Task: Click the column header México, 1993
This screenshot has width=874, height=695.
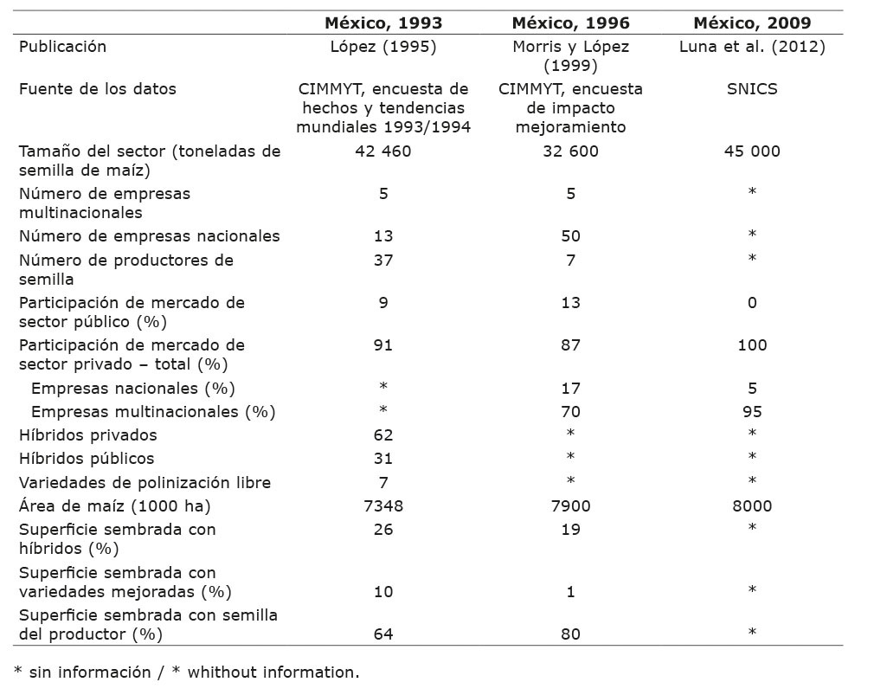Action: click(383, 23)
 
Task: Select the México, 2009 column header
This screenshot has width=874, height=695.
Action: click(752, 23)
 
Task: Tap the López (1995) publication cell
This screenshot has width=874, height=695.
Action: click(383, 47)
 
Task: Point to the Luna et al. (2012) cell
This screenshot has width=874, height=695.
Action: click(752, 47)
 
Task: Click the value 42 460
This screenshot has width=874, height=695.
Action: click(383, 151)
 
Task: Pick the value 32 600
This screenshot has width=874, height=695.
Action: click(570, 151)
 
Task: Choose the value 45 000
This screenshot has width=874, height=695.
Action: click(752, 151)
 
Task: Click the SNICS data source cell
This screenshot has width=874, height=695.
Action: click(752, 89)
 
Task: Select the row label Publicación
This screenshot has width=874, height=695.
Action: click(63, 47)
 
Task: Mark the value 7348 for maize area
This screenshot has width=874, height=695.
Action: click(383, 505)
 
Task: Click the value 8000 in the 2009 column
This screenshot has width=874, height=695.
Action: click(752, 505)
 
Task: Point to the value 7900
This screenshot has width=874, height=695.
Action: click(570, 505)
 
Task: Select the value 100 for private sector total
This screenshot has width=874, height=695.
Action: click(752, 345)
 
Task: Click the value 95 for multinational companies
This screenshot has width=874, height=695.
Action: click(752, 412)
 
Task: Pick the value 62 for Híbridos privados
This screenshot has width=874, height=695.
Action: click(383, 435)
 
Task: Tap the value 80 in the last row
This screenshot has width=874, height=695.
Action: click(570, 634)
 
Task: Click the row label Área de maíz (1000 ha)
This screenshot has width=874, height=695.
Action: click(115, 505)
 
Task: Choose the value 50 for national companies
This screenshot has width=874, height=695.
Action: click(570, 236)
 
